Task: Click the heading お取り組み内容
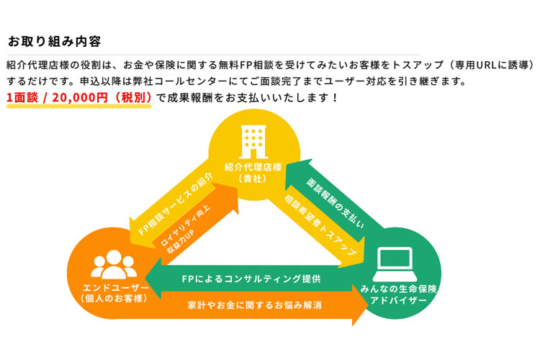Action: tap(54, 40)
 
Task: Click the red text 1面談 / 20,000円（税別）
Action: tap(79, 96)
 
